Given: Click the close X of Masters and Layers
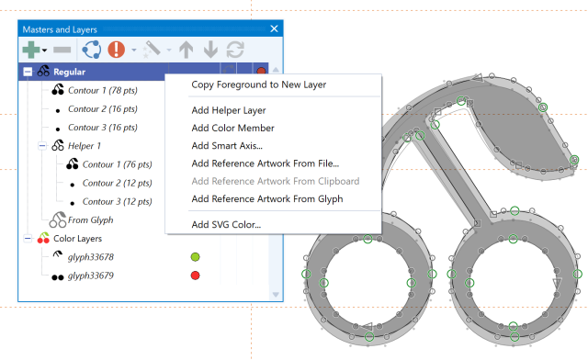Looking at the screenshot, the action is [x=274, y=28].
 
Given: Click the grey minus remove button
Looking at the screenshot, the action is [x=62, y=50].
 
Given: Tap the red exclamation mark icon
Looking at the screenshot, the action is [x=117, y=49].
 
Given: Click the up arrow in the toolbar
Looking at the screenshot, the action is [x=186, y=50].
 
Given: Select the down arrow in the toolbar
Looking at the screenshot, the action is [x=210, y=50].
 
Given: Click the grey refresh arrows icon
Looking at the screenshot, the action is [x=235, y=50].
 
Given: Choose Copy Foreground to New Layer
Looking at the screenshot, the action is [x=259, y=84].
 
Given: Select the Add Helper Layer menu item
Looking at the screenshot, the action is [x=229, y=110].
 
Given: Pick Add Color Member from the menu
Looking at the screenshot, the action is [x=232, y=128].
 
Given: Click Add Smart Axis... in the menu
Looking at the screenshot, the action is [x=227, y=145].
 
